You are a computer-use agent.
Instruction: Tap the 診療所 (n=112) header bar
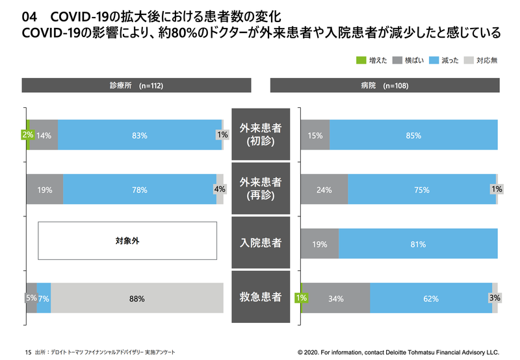137,86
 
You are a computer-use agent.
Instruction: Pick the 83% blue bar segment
139,135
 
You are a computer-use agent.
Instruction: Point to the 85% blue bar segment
413,135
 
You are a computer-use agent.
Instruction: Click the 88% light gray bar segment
136,299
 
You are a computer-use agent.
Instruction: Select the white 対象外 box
127,240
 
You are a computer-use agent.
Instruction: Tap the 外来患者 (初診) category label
260,135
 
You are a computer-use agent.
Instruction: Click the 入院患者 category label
260,244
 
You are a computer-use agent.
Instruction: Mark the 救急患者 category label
260,298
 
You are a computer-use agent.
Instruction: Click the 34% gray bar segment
337,299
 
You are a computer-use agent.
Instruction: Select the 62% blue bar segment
431,299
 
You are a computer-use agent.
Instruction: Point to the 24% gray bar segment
324,190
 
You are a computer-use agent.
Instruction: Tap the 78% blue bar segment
139,190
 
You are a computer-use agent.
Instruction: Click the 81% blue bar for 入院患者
418,244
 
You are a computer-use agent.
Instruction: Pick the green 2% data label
27,135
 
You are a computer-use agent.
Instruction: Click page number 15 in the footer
27,351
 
